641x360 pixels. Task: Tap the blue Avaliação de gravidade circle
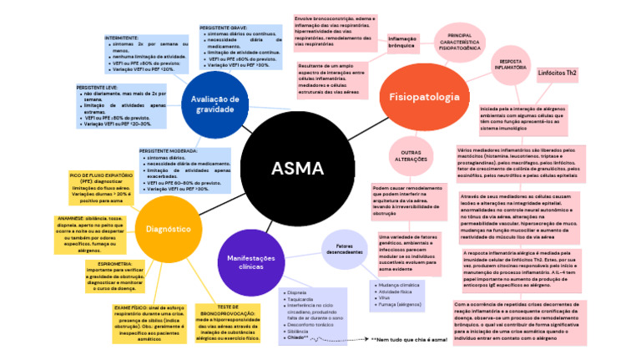pos(215,104)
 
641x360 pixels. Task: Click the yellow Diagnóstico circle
pos(169,228)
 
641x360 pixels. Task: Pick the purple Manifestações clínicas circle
pos(251,261)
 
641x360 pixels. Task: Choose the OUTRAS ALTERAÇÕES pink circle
pos(410,156)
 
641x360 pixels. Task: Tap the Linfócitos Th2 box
pos(558,74)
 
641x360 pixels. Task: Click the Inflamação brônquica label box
pos(402,42)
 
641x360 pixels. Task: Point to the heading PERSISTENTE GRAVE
pos(223,28)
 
